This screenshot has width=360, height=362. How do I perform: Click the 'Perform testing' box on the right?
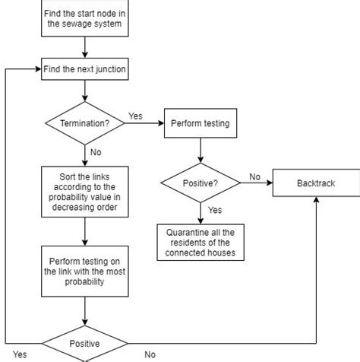tap(201, 122)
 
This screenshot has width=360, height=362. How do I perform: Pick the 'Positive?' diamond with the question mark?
tap(201, 183)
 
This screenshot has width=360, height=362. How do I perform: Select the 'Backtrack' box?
tap(315, 183)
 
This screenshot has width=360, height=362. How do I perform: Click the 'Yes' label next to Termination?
tap(135, 116)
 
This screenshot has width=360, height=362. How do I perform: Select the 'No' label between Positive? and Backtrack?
tap(254, 176)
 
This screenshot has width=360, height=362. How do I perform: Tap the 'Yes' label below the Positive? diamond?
tap(215, 210)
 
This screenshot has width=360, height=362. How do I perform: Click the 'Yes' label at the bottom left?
tap(20, 354)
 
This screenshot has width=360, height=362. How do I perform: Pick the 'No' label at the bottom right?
tap(150, 354)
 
